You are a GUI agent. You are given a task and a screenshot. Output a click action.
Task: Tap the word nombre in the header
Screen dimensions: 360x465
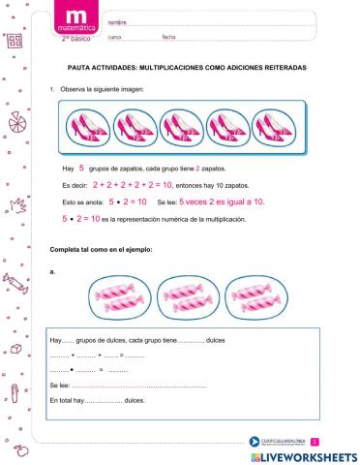point(117,21)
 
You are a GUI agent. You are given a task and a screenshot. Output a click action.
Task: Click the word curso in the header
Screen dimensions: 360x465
point(114,37)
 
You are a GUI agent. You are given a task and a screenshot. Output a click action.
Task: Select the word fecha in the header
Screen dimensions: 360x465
point(169,37)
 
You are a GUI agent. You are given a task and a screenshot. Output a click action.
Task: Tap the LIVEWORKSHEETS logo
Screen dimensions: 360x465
point(302,453)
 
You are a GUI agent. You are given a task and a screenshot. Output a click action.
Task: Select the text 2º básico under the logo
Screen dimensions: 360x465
point(75,38)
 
